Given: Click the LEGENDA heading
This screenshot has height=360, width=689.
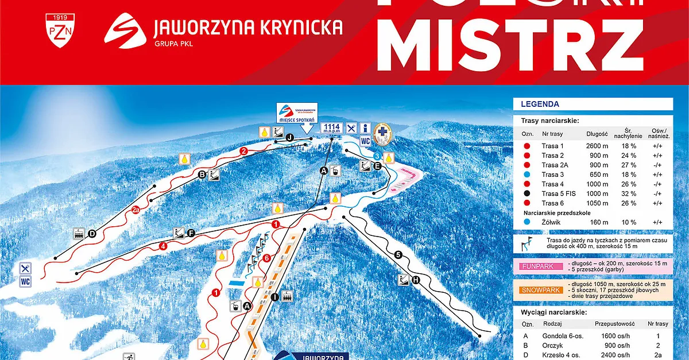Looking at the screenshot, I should pyautogui.click(x=540, y=104).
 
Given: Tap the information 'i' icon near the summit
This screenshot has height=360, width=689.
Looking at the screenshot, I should pyautogui.click(x=366, y=127).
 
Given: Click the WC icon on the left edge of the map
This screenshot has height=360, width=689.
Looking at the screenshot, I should pyautogui.click(x=25, y=282).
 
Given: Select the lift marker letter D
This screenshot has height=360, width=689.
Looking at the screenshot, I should pyautogui.click(x=92, y=234).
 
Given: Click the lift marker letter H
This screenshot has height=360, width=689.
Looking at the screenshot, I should pyautogui.click(x=416, y=280).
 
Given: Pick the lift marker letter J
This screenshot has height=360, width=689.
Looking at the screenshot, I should pyautogui.click(x=290, y=137).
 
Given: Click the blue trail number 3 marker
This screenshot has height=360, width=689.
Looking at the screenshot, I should pyautogui.click(x=377, y=156).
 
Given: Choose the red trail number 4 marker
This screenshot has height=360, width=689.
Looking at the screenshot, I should pyautogui.click(x=164, y=246).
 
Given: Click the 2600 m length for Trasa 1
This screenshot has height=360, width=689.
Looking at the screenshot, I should pyautogui.click(x=597, y=146).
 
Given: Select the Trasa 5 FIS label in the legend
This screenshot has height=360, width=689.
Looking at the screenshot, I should pyautogui.click(x=558, y=193).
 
